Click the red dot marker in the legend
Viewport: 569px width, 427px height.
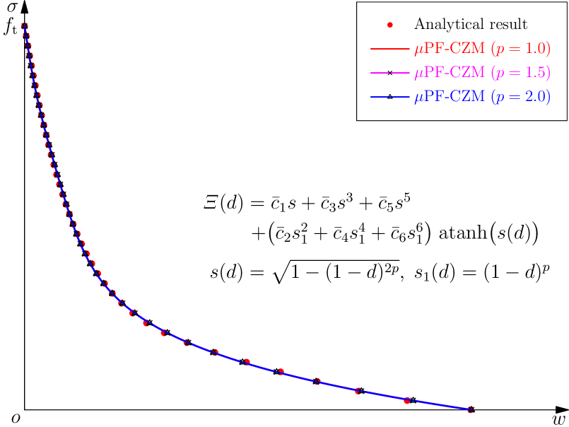tap(389, 25)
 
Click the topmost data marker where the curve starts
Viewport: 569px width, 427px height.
tap(25, 26)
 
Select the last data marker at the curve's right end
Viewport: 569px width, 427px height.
tap(470, 409)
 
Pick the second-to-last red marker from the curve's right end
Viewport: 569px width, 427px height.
tap(407, 401)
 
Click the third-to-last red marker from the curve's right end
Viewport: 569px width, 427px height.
tap(358, 390)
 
